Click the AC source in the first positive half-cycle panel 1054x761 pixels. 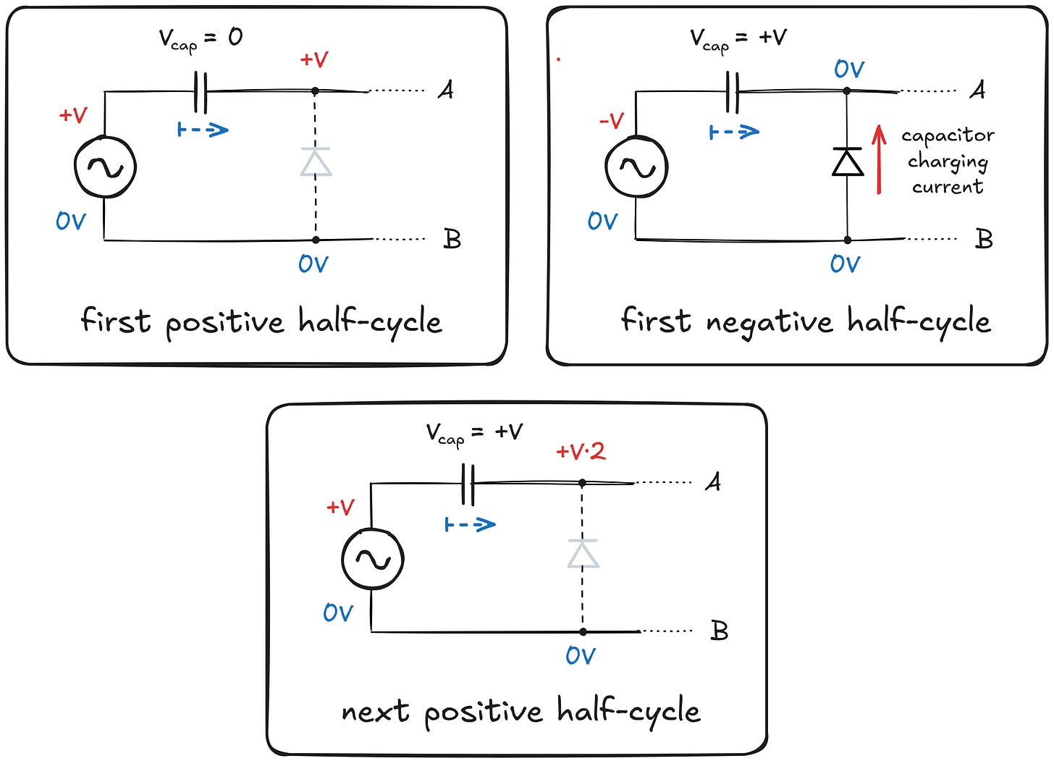(105, 167)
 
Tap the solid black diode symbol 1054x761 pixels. (848, 162)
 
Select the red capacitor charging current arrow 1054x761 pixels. (879, 160)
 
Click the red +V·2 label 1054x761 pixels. (580, 452)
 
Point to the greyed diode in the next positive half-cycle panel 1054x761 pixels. (583, 554)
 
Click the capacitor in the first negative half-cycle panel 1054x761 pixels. (732, 92)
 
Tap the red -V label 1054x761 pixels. (612, 120)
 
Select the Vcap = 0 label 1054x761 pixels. (201, 39)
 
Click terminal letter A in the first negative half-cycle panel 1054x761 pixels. (977, 90)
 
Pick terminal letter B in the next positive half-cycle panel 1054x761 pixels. (719, 631)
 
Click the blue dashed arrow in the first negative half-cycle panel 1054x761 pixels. (734, 132)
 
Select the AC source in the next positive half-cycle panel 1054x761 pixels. (372, 559)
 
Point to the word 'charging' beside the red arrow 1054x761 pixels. (948, 161)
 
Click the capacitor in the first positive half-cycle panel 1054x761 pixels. (201, 92)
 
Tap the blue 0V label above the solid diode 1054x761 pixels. (848, 70)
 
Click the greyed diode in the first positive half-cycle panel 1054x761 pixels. (316, 162)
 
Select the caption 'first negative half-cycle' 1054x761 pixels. (806, 321)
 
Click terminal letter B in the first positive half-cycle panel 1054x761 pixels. (452, 239)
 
